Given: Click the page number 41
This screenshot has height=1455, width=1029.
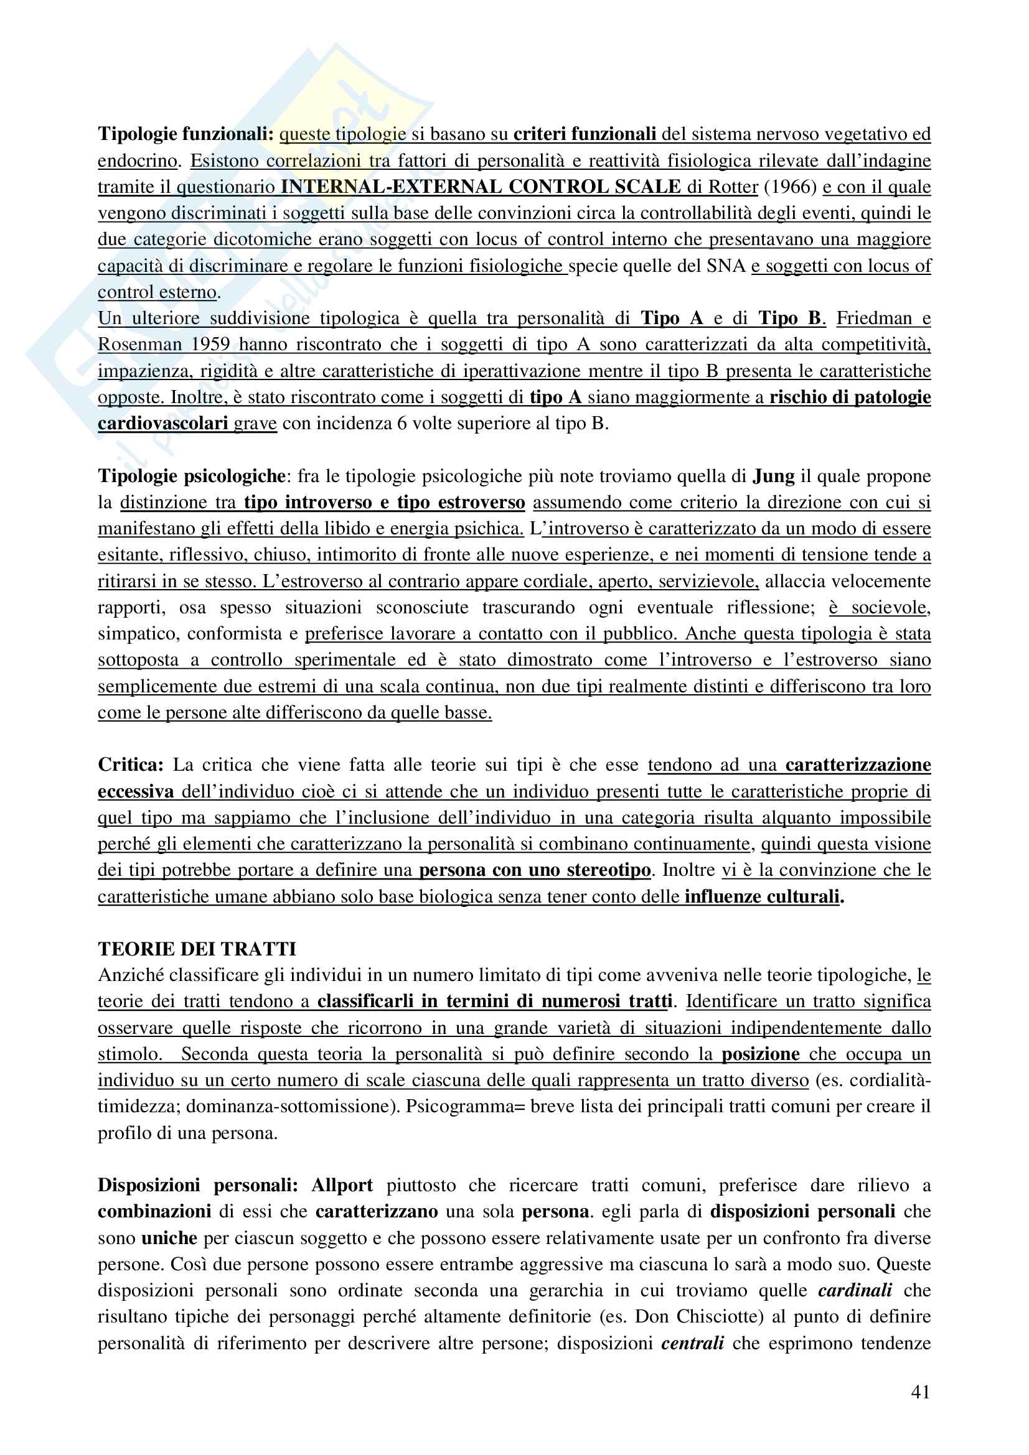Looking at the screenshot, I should click(920, 1392).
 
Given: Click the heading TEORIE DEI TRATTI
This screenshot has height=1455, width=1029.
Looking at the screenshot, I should click(197, 949).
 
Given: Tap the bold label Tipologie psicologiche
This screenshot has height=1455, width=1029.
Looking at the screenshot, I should click(192, 476).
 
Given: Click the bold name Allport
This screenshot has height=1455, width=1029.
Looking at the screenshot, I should click(342, 1185).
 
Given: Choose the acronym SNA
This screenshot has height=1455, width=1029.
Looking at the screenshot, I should click(725, 266).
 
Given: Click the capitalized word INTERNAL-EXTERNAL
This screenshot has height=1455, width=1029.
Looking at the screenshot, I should click(390, 187).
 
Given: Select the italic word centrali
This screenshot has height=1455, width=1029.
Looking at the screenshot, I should click(692, 1343).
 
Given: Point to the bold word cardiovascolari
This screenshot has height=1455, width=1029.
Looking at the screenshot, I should click(163, 424).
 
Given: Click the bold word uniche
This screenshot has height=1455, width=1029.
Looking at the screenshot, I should click(169, 1238).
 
